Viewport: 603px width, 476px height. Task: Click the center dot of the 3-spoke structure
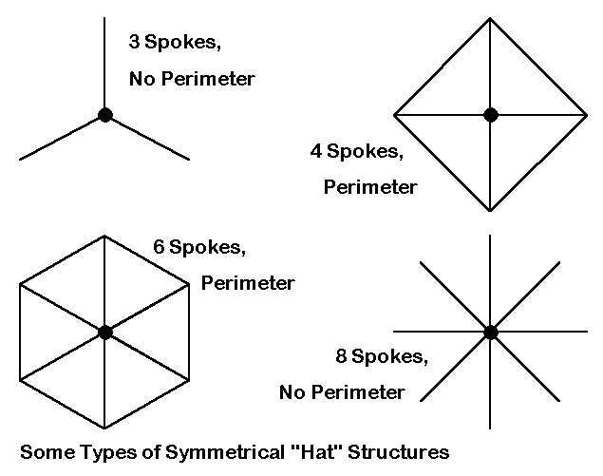tap(104, 115)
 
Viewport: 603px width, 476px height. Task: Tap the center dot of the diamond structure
tap(490, 115)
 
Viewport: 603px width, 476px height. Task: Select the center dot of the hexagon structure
tap(104, 332)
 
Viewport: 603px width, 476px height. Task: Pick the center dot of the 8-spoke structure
tap(490, 332)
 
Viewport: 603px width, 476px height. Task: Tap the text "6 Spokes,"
tap(199, 248)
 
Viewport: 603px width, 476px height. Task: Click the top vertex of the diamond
tap(490, 19)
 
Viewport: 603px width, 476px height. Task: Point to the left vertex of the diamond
tap(395, 115)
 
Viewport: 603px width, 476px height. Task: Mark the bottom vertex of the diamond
tap(490, 211)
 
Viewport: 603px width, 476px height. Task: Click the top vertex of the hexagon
tap(104, 236)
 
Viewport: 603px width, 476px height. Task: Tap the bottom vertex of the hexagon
tap(104, 428)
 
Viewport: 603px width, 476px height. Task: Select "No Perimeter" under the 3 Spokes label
tap(192, 79)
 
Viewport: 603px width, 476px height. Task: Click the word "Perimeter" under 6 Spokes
tap(247, 283)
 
